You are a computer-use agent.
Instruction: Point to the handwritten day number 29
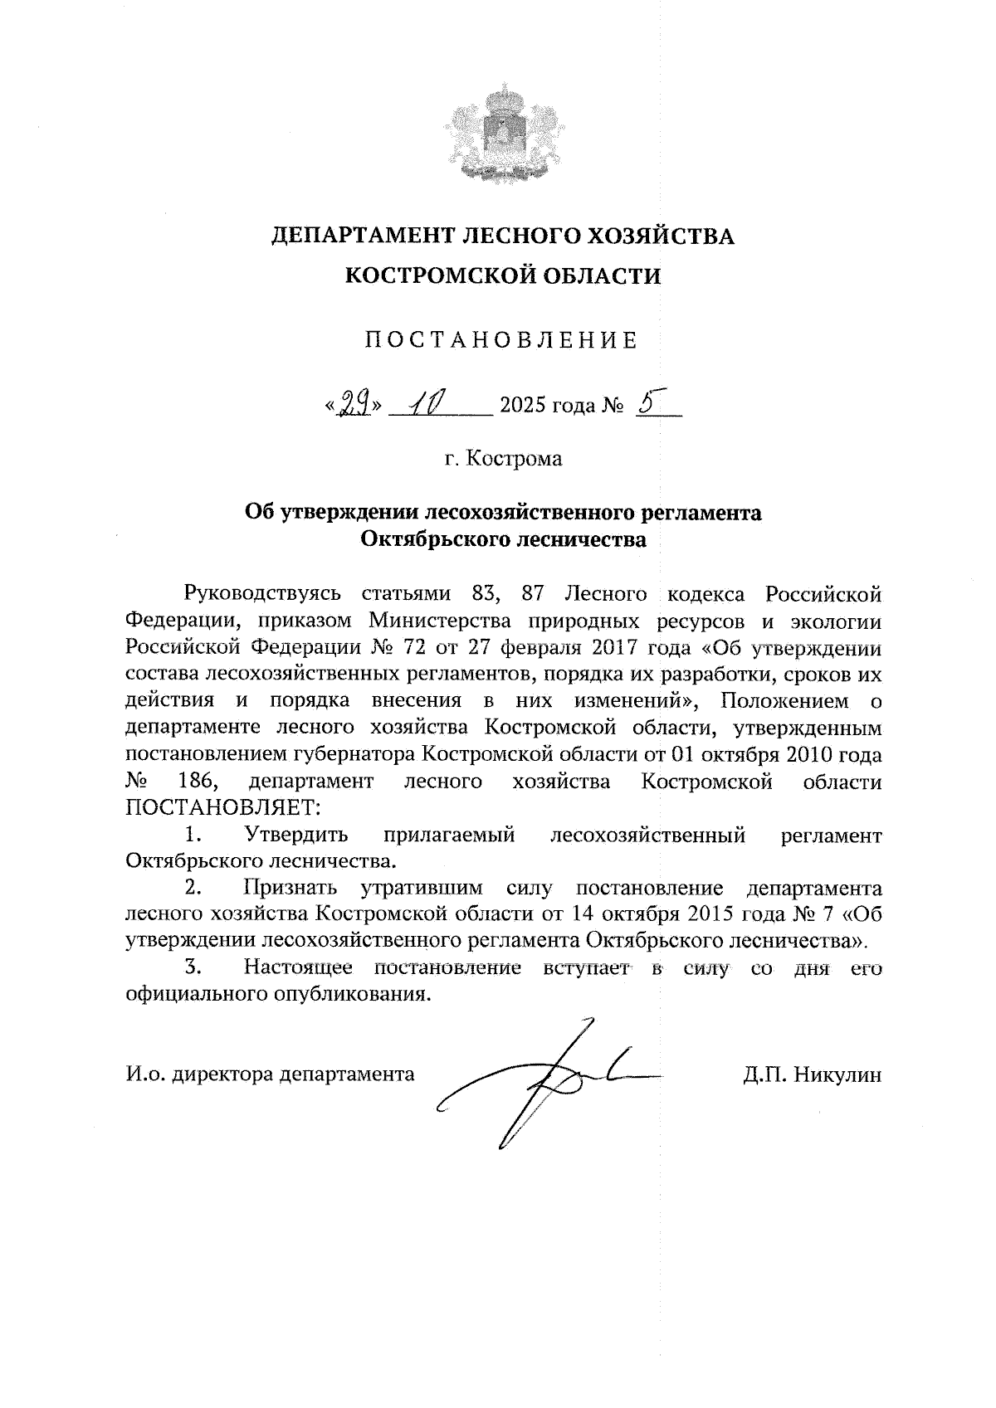(352, 404)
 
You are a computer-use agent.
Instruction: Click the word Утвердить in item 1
(295, 835)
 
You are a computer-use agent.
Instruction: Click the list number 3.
(193, 967)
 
